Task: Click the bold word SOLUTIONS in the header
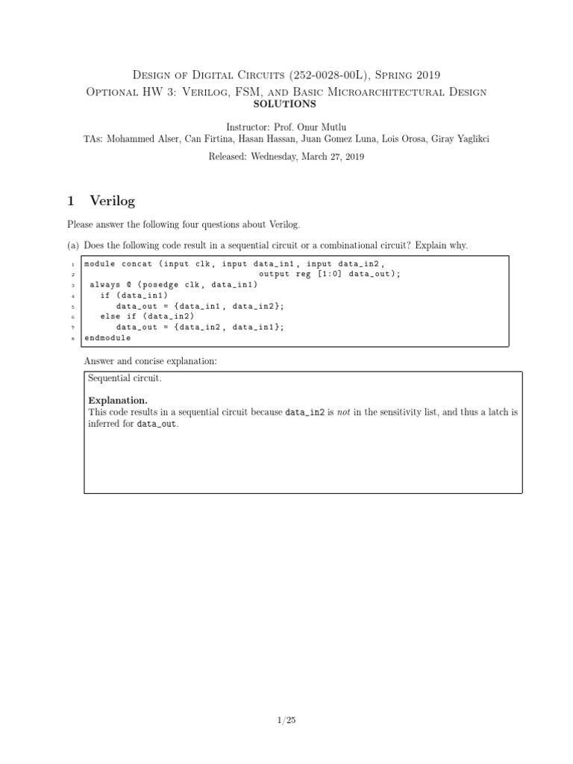pyautogui.click(x=286, y=104)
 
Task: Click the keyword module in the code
pyautogui.click(x=100, y=263)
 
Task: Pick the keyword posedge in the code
pyautogui.click(x=157, y=284)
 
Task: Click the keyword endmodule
pyautogui.click(x=107, y=337)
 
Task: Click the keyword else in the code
pyautogui.click(x=110, y=316)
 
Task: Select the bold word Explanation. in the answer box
pyautogui.click(x=113, y=401)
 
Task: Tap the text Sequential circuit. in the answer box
pyautogui.click(x=125, y=379)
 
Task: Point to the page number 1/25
pyautogui.click(x=286, y=720)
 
